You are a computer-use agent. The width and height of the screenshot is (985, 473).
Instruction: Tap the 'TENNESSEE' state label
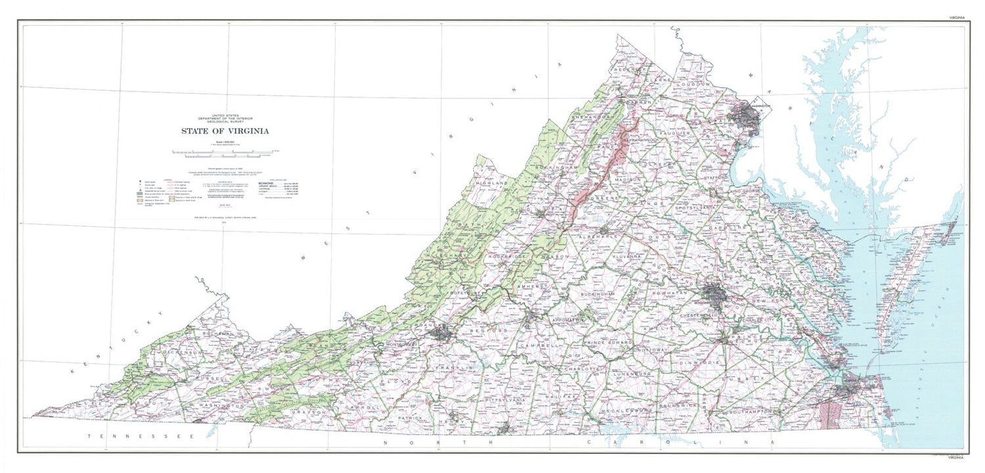tap(141, 436)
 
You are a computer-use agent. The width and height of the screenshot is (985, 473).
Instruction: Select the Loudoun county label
tap(695, 85)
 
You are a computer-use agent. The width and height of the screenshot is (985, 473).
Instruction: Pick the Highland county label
tap(492, 183)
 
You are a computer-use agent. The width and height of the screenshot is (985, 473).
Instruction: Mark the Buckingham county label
tap(597, 294)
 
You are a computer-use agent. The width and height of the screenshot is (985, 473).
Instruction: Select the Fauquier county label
tap(686, 133)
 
